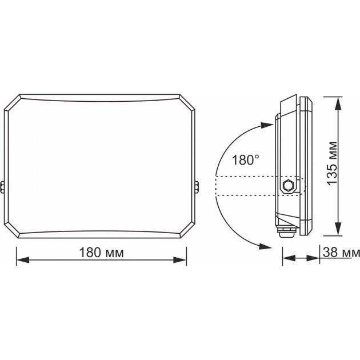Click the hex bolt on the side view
point(289,186)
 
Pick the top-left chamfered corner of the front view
point(13,103)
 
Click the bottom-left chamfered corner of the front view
point(13,229)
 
